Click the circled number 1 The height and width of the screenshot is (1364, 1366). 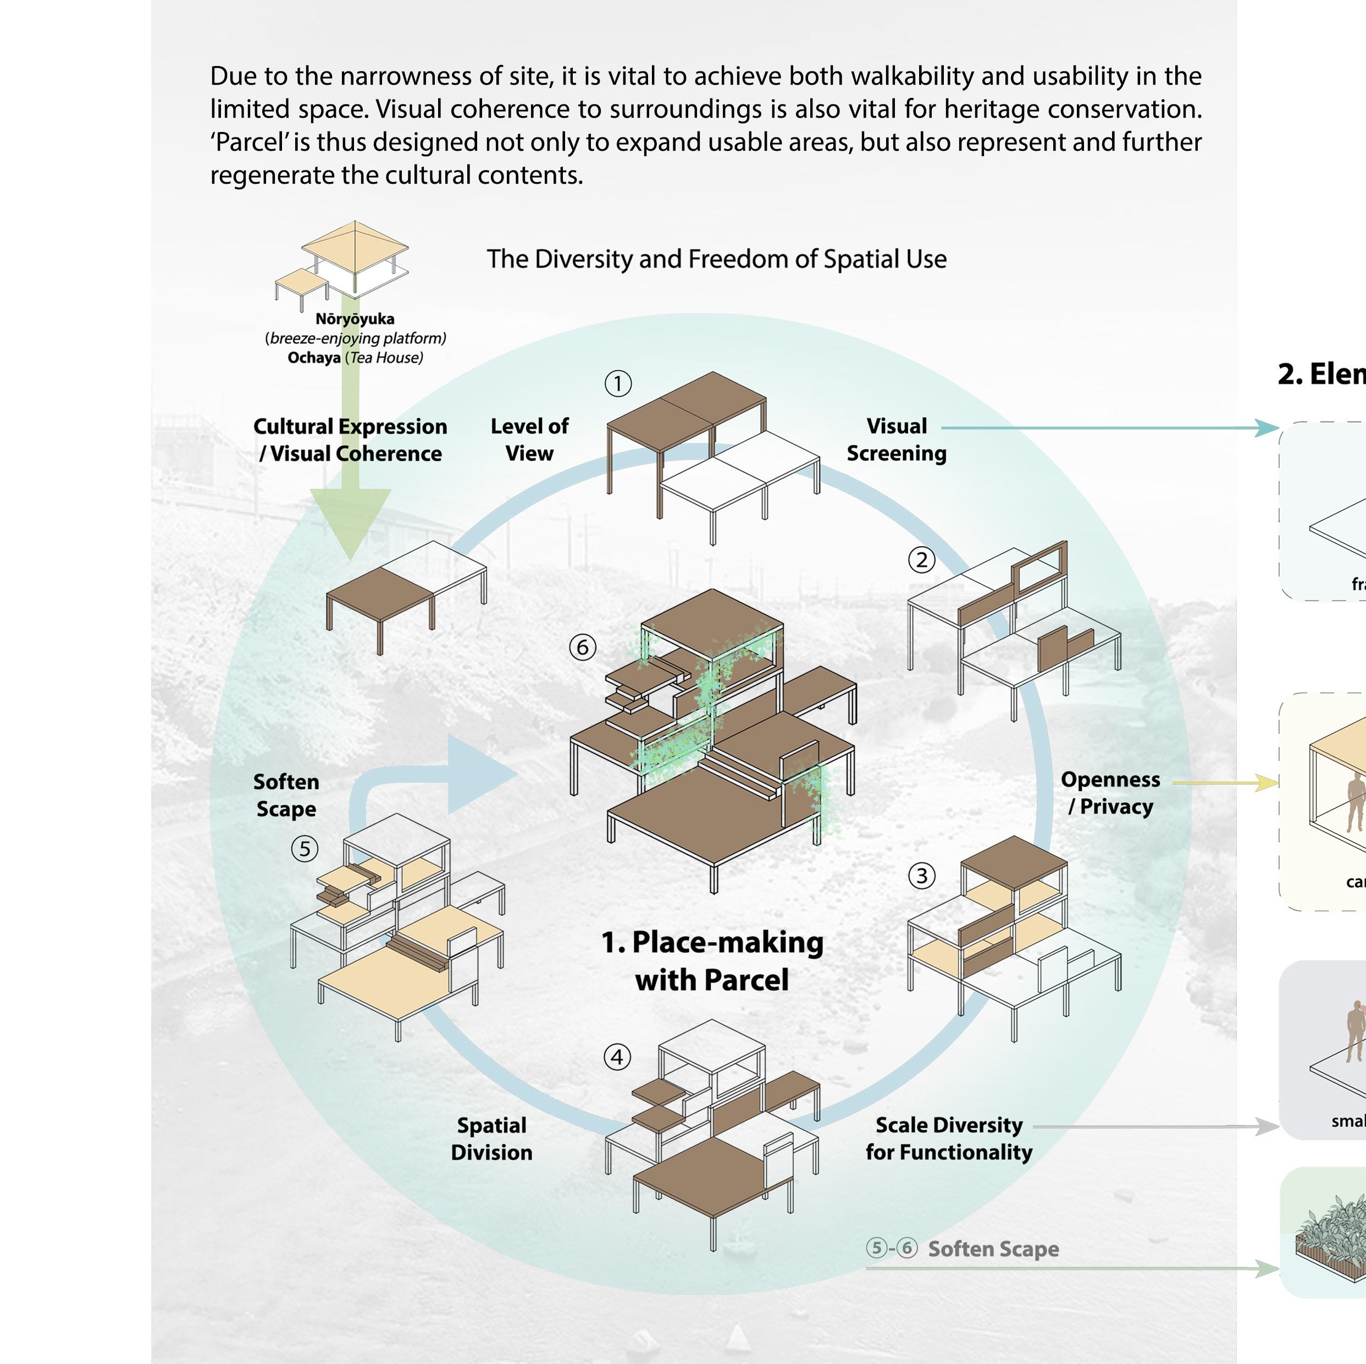[618, 383]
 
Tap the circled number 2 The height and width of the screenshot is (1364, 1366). [921, 560]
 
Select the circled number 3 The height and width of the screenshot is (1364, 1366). [921, 876]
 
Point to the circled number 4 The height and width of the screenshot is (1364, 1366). [617, 1057]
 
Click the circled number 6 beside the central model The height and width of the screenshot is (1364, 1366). [583, 647]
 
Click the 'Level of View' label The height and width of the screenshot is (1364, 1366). [529, 439]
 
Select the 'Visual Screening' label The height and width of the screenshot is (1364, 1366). [897, 439]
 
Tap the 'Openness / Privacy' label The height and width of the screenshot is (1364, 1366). [1110, 793]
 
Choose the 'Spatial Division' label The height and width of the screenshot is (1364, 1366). [491, 1138]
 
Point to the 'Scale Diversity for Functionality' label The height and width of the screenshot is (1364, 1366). [949, 1138]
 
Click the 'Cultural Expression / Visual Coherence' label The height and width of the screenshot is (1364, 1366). [350, 439]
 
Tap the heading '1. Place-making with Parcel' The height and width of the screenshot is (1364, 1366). [712, 961]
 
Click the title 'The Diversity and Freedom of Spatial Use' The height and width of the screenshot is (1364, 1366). [716, 259]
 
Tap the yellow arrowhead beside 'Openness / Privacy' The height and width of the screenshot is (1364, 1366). [1267, 783]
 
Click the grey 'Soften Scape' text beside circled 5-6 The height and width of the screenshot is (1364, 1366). [993, 1248]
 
